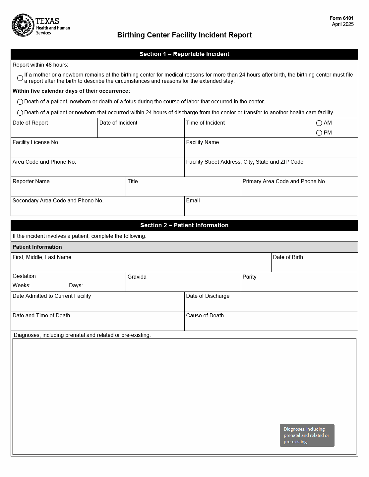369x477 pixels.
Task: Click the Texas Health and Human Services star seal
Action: (x=23, y=25)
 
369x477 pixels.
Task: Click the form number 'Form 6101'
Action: (x=341, y=19)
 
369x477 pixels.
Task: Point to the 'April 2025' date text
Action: (x=342, y=24)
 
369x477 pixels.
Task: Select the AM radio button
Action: (x=319, y=123)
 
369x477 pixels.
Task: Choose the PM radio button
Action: (x=319, y=133)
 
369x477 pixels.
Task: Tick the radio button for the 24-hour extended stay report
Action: (x=20, y=78)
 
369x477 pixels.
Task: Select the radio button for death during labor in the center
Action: (x=20, y=102)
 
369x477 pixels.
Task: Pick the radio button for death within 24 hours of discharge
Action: (x=20, y=113)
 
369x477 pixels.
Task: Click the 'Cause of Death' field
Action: (x=271, y=324)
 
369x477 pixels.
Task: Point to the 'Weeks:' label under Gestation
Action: (x=22, y=286)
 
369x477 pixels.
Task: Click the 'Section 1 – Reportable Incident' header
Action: (x=184, y=54)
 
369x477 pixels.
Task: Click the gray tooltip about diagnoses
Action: (x=307, y=435)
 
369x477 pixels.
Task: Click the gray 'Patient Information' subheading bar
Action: (x=184, y=247)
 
